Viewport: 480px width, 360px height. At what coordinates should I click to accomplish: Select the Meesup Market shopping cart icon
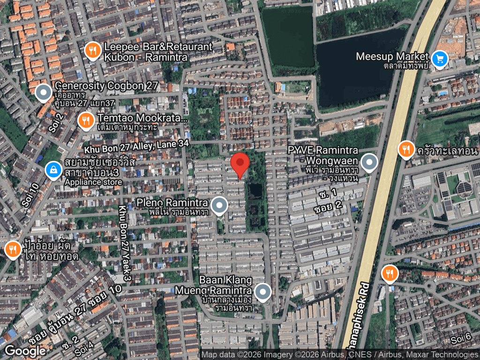(x=439, y=59)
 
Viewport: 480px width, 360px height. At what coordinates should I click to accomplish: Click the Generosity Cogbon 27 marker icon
(x=44, y=93)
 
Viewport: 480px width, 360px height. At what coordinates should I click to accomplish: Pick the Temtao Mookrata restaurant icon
(x=85, y=120)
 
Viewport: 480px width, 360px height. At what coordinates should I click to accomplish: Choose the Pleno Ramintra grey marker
(x=219, y=205)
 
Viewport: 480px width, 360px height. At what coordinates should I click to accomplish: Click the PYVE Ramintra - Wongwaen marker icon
(x=369, y=163)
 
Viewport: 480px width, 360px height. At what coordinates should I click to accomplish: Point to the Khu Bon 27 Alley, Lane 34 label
(x=136, y=146)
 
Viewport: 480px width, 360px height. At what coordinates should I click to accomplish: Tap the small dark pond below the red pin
(x=255, y=190)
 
